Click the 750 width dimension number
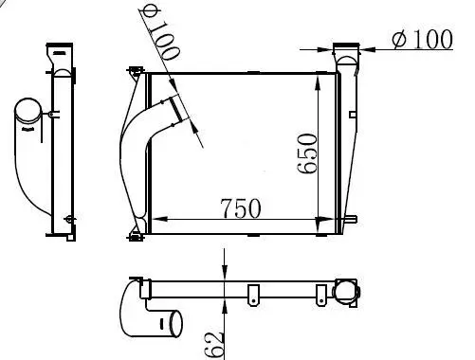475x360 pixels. (x=242, y=208)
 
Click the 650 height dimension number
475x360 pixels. (x=307, y=153)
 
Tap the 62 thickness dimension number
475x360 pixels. (x=215, y=345)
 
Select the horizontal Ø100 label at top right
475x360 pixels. (x=423, y=39)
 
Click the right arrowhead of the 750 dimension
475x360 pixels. (x=325, y=219)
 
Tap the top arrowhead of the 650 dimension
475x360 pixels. (x=318, y=82)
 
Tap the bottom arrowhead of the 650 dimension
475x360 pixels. (x=318, y=225)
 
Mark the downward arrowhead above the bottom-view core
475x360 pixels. (x=225, y=272)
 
